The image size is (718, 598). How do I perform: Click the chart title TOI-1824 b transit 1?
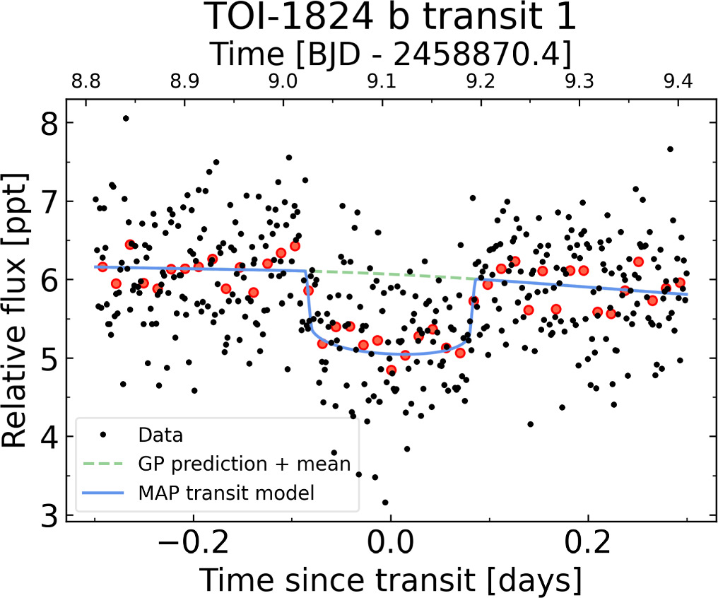pyautogui.click(x=391, y=18)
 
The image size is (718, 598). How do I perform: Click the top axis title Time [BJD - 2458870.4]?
pyautogui.click(x=391, y=53)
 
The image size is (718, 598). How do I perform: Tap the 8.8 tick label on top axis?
pyautogui.click(x=86, y=83)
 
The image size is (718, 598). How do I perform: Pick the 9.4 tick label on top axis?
pyautogui.click(x=678, y=83)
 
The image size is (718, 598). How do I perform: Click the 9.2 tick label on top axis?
pyautogui.click(x=481, y=83)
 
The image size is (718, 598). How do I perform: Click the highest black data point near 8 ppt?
pyautogui.click(x=125, y=119)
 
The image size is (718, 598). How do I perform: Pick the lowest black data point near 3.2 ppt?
pyautogui.click(x=385, y=503)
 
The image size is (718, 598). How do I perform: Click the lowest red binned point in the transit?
pyautogui.click(x=391, y=370)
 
